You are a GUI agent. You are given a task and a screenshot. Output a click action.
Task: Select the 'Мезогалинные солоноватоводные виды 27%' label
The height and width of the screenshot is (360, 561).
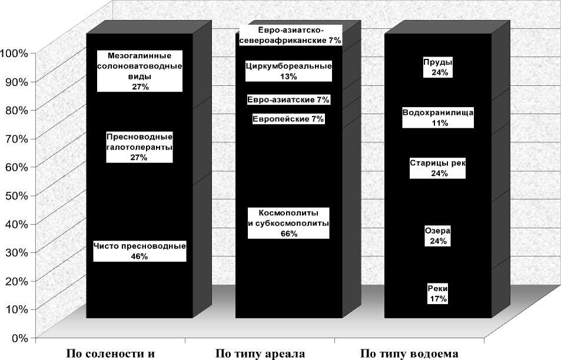tap(140, 71)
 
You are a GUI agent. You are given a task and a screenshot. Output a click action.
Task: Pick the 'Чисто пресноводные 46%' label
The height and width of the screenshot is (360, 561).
tap(140, 251)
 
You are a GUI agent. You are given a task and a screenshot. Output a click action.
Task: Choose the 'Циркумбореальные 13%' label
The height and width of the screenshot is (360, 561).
tap(288, 71)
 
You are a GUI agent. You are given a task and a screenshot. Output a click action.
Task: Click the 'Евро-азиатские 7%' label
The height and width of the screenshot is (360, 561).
tap(288, 99)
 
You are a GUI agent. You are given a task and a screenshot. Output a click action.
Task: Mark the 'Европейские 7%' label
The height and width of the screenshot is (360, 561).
tap(288, 119)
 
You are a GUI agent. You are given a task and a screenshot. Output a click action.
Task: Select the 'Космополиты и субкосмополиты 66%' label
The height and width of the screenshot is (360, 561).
tap(288, 223)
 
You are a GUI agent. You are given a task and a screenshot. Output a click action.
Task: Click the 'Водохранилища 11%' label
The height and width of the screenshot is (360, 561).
tap(439, 118)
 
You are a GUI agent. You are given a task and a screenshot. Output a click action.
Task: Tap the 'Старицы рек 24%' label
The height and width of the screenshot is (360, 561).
tap(438, 168)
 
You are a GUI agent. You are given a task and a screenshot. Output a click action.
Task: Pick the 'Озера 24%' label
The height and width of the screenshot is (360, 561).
tap(438, 235)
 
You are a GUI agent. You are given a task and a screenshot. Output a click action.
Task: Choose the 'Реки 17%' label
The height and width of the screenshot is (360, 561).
tap(438, 294)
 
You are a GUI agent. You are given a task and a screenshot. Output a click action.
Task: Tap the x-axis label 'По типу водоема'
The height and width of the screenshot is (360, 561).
tap(409, 354)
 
